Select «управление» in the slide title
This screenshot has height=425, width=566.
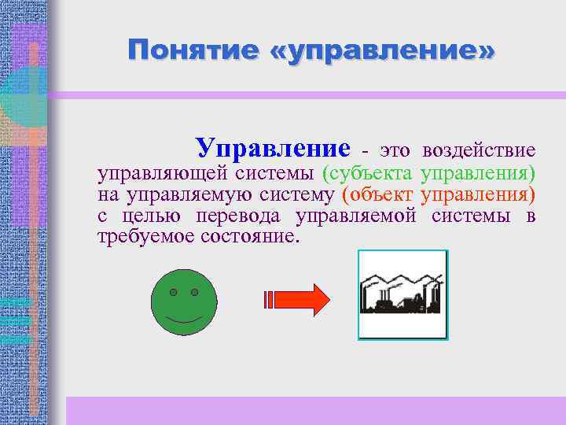coord(392,51)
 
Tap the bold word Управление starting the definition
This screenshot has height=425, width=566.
coord(273,147)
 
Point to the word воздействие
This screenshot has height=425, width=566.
coord(479,150)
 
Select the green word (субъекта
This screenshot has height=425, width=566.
coord(369,172)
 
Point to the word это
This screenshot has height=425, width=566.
coord(395,150)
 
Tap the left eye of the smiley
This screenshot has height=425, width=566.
coord(173,293)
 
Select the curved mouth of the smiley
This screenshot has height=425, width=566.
coord(183,322)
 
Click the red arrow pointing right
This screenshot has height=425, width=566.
coord(298,300)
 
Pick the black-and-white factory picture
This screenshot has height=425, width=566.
coord(402,295)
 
